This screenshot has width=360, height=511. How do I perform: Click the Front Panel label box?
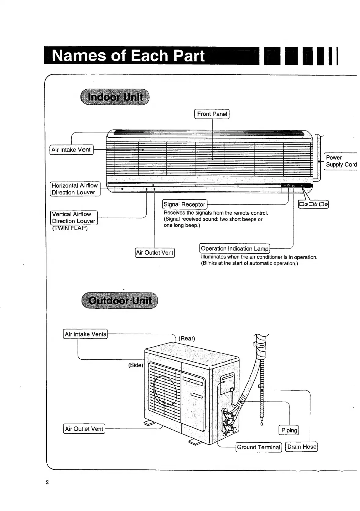(x=212, y=114)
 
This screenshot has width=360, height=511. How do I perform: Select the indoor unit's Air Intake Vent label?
(x=71, y=150)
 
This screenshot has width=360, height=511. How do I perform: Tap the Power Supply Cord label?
(x=341, y=161)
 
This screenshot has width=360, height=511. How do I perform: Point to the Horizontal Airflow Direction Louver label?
(x=75, y=189)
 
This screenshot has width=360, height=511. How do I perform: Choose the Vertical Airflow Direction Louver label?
(x=74, y=218)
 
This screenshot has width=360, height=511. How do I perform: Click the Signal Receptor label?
(x=184, y=204)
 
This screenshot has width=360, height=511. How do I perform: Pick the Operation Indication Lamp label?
(x=235, y=248)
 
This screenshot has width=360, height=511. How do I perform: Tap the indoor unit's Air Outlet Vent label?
(x=155, y=253)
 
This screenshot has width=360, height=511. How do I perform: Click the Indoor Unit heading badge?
(x=115, y=97)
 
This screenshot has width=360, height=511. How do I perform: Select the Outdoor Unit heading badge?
(x=120, y=300)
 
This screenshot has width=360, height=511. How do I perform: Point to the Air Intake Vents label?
(x=85, y=334)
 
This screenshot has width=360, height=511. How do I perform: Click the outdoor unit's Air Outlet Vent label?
(x=84, y=429)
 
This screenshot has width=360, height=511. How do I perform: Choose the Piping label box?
(x=289, y=430)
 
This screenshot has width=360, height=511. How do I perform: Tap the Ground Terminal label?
(x=259, y=447)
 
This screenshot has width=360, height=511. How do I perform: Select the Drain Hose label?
(x=301, y=447)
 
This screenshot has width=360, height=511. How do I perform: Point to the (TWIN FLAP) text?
(x=70, y=228)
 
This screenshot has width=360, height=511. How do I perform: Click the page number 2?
(x=47, y=483)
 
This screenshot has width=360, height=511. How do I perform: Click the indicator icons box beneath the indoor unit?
(x=313, y=204)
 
